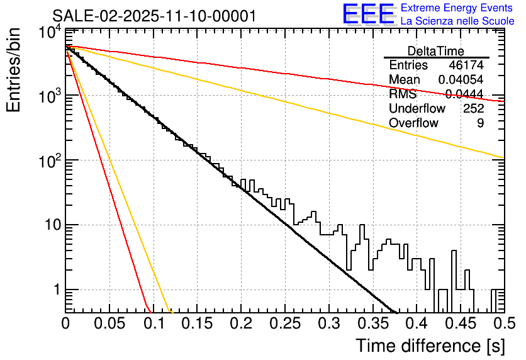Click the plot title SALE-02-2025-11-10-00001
pos(154,16)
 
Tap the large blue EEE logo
pos(368,14)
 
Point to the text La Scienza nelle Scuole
pos(457,21)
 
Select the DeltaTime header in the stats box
pos(436,51)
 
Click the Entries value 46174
pos(466,65)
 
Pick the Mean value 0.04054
pos(461,80)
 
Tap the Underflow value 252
pos(473,109)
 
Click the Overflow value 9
pos(480,123)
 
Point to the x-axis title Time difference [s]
pos(430,346)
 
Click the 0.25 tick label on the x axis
pos(284,324)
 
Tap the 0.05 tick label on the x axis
pos(109,324)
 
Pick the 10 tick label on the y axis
pos(48,226)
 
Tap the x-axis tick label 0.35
pos(372,324)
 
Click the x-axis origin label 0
pos(65,324)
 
